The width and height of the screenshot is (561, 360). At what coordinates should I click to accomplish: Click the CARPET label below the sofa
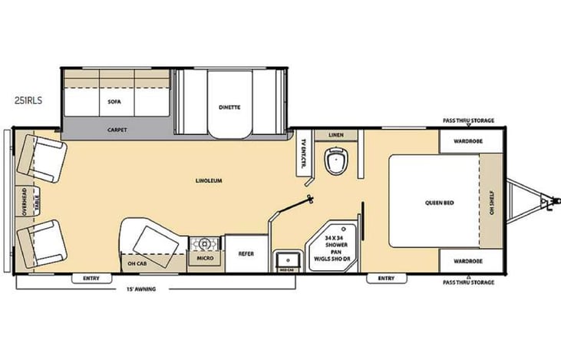[x=117, y=130]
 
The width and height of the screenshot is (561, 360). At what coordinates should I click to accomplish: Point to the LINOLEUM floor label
[x=208, y=181]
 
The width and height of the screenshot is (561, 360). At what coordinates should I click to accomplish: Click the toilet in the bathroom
[x=335, y=161]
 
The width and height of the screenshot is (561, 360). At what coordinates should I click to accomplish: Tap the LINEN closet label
[x=335, y=136]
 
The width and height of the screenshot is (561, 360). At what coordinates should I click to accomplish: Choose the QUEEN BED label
[x=440, y=203]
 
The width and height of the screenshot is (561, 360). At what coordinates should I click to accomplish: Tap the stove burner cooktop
[x=205, y=243]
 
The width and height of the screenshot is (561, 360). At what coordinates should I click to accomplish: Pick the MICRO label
[x=204, y=259]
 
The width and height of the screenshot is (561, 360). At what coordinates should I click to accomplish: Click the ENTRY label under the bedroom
[x=387, y=278]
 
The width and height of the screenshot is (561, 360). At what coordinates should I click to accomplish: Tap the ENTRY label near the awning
[x=91, y=278]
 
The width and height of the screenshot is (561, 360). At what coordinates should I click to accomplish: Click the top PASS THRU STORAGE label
[x=468, y=121]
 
